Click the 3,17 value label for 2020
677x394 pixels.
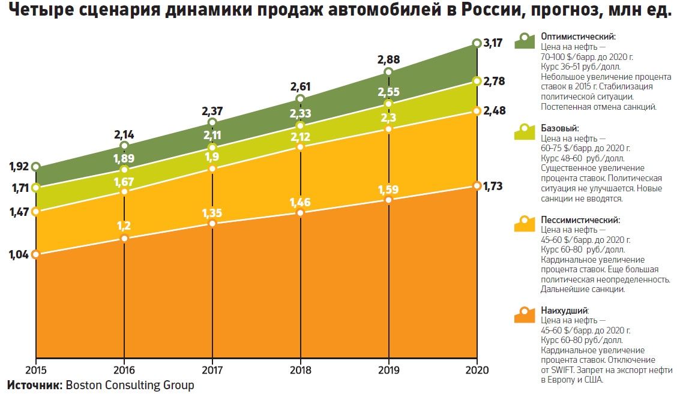tap(493, 43)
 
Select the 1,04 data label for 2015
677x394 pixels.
tap(19, 254)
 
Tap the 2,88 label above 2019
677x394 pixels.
tap(388, 60)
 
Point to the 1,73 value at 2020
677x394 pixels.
tap(493, 186)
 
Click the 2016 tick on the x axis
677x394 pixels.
tap(124, 369)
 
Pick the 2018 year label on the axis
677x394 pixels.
tap(300, 369)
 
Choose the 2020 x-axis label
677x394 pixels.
tap(477, 369)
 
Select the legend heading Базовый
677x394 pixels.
tap(560, 128)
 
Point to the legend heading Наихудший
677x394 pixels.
tap(564, 311)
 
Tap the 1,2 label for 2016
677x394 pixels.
tap(124, 226)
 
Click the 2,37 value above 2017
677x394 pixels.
tap(212, 111)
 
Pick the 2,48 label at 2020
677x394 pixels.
tap(493, 111)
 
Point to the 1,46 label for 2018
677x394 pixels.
tap(300, 201)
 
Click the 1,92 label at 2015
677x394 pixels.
tap(19, 166)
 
